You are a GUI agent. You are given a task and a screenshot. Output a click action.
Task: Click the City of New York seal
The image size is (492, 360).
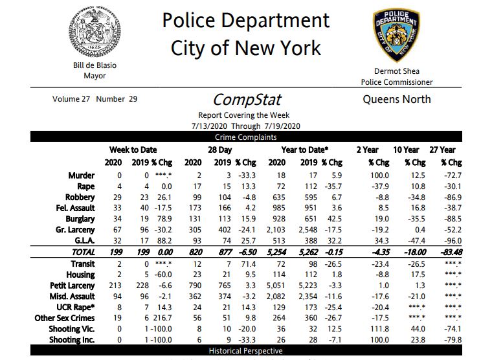tap(95, 32)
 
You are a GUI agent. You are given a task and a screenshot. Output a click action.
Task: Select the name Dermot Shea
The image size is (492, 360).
tap(397, 71)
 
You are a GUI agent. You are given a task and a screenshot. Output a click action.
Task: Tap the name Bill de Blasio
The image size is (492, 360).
tap(95, 65)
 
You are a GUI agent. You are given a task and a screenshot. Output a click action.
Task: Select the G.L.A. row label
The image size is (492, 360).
tap(82, 240)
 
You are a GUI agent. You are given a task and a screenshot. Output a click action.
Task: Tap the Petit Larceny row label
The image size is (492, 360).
tap(73, 286)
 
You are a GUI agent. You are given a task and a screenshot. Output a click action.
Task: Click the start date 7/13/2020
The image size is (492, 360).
tap(212, 126)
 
